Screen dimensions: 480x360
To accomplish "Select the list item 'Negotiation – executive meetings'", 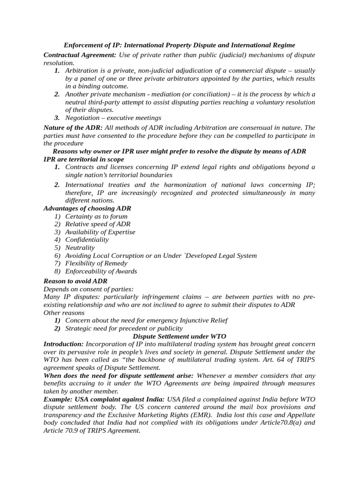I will pos(113,118).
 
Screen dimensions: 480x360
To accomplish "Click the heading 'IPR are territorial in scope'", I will pos(84,159).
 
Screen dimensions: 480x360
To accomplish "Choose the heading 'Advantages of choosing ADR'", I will pos(87,208).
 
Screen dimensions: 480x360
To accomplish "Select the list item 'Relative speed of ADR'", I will pos(98,224).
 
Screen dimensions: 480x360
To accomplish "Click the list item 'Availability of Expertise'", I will pos(100,232).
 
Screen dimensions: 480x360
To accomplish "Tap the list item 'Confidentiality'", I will pos(87,240).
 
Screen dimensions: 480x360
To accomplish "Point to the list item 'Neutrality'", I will pos(80,247).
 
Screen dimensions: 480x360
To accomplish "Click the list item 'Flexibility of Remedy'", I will pos(96,263).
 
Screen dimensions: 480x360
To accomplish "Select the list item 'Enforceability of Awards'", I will pos(101,271).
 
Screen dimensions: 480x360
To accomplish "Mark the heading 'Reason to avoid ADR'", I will pos(75,281).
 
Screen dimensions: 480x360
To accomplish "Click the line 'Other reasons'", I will pos(64,312).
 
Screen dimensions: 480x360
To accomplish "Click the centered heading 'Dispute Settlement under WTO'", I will pos(180,336).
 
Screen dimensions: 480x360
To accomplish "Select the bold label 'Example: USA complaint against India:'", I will pos(104,399).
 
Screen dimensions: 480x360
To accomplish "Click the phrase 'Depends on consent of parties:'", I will pos(89,289).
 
